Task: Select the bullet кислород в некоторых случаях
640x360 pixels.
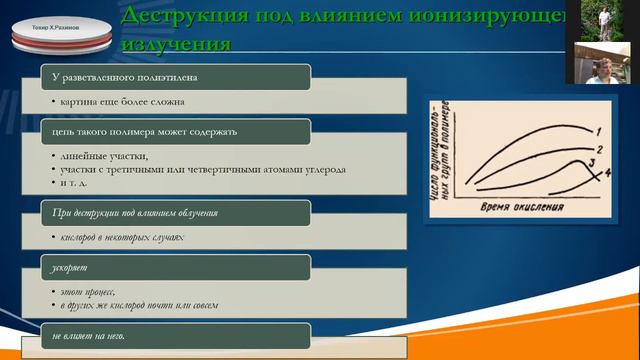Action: click(x=122, y=237)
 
